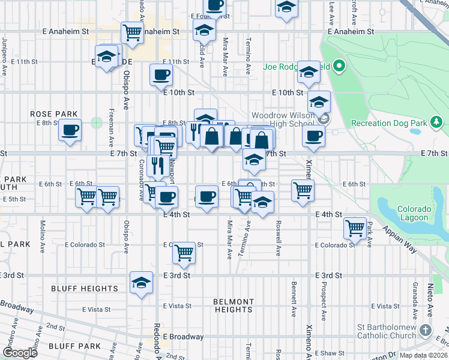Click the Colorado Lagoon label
coord(414,214)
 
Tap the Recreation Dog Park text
coord(388,123)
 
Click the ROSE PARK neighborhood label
coord(54,114)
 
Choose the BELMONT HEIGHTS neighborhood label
coord(234,305)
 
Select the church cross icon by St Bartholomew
coord(426,330)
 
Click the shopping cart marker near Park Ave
coord(355,228)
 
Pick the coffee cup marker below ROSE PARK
coord(70,129)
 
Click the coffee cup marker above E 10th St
coord(160,75)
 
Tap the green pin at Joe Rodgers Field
coord(339,66)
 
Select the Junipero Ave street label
coord(4,58)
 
